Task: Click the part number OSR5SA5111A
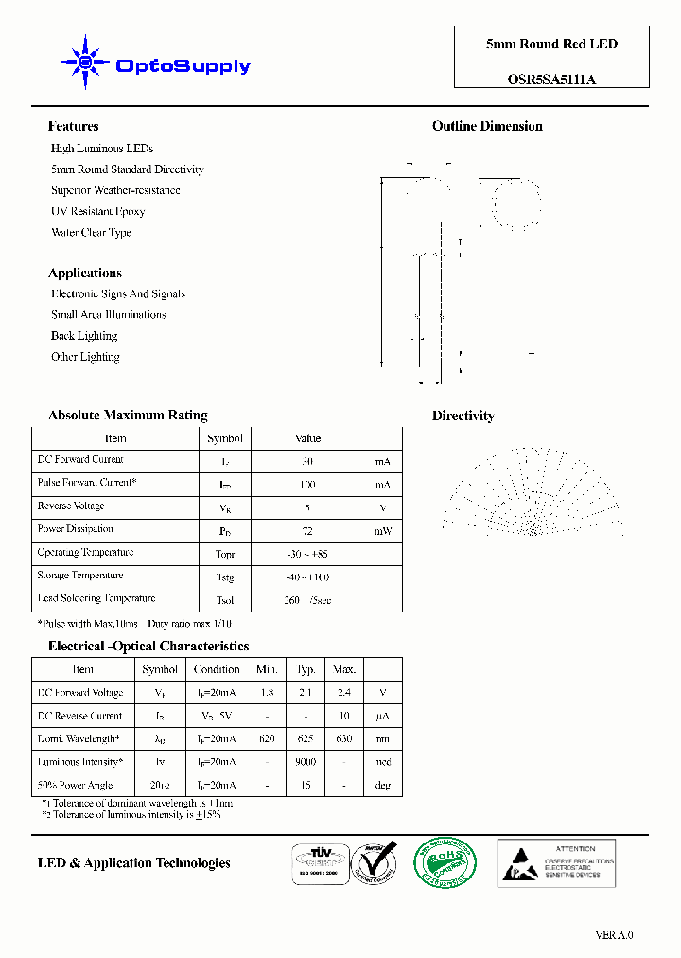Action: pos(551,80)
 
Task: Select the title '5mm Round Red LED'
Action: pos(551,44)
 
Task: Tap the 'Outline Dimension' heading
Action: pos(487,126)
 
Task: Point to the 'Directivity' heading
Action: pos(463,416)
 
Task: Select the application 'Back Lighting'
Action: pos(84,336)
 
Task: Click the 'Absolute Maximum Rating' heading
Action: pos(128,416)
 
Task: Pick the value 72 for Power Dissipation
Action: pos(307,531)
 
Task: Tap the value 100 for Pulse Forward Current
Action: pos(307,485)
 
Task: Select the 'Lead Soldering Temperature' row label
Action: pos(96,598)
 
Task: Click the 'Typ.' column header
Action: pos(306,669)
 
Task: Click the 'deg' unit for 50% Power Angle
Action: pos(383,785)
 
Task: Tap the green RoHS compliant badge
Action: pos(445,863)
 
